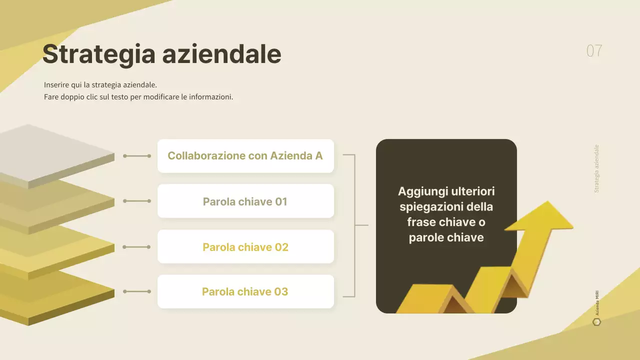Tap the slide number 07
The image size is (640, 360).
(x=594, y=51)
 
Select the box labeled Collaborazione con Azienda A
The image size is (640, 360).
(x=245, y=156)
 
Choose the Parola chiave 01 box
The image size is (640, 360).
(x=245, y=201)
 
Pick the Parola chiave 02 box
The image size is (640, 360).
(x=245, y=247)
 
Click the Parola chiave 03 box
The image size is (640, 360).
(x=245, y=291)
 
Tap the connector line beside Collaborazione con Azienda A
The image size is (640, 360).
(x=137, y=156)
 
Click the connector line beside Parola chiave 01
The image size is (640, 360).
(x=137, y=201)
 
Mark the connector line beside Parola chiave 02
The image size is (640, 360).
(x=137, y=247)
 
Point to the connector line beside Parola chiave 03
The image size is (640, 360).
(x=137, y=291)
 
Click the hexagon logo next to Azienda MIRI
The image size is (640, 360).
(x=596, y=322)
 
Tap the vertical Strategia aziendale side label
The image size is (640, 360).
(x=596, y=168)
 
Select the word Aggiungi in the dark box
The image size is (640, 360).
(x=423, y=191)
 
